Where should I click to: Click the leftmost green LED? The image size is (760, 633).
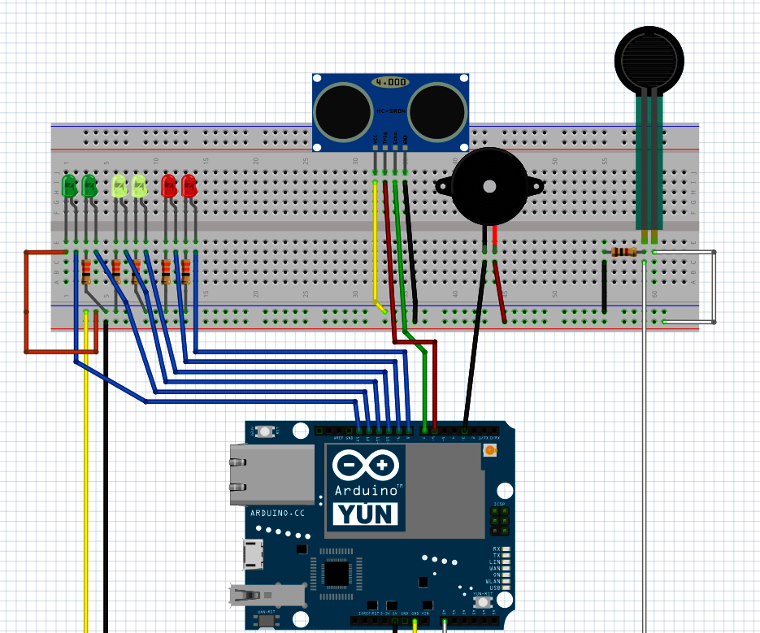click(x=70, y=186)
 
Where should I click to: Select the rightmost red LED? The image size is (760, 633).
click(x=189, y=186)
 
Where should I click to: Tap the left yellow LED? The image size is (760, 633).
click(x=119, y=187)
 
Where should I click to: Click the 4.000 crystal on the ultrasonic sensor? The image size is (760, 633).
click(x=390, y=82)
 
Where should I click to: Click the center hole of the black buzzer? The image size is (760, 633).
click(x=489, y=186)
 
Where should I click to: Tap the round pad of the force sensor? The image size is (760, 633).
click(x=648, y=59)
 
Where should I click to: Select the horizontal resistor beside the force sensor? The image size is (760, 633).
click(x=623, y=252)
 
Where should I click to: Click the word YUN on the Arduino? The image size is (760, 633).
click(x=366, y=514)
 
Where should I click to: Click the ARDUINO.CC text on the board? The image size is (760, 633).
click(x=277, y=513)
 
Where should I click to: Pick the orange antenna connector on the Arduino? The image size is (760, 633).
click(x=489, y=450)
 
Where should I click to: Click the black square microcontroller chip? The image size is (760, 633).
click(x=336, y=574)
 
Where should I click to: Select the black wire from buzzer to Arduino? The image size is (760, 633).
click(x=474, y=341)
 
